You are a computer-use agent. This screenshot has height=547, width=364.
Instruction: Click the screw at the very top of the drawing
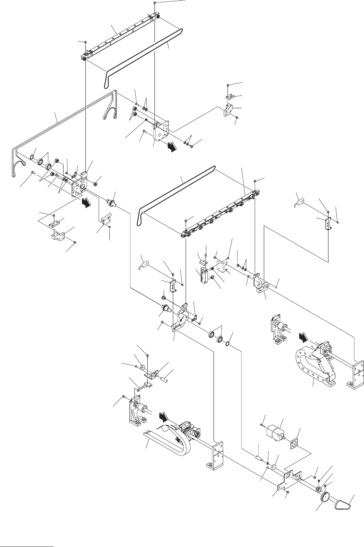pos(154,3)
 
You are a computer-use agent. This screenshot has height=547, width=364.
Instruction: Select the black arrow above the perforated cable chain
pos(304,339)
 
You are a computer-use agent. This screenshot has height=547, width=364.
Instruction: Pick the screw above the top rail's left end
pos(85,41)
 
